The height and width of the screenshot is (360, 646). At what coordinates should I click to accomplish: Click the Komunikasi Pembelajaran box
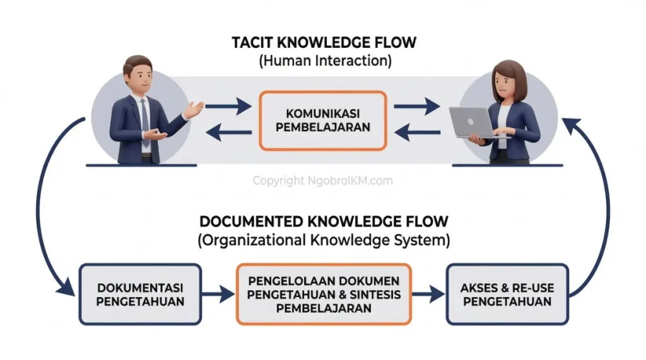click(322, 120)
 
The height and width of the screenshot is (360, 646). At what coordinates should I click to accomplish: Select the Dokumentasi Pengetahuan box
click(140, 294)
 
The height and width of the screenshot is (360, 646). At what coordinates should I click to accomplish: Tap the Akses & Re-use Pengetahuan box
click(507, 294)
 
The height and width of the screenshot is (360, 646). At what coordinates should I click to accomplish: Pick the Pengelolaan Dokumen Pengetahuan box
click(323, 294)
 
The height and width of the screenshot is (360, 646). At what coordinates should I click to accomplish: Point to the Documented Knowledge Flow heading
click(324, 222)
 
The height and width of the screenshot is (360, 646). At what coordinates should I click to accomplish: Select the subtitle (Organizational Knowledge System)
click(324, 240)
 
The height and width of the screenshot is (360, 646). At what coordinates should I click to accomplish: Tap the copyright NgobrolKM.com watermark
click(322, 181)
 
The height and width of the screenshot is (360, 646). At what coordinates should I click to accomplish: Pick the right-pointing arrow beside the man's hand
click(228, 108)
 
